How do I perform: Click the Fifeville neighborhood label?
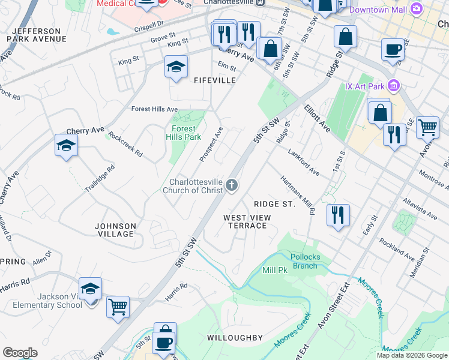tap(214, 80)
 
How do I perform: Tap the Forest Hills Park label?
tap(184, 133)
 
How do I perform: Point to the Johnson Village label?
tap(116, 230)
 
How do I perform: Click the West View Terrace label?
tap(245, 221)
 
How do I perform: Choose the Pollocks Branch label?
tap(304, 261)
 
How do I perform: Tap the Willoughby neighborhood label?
tap(235, 338)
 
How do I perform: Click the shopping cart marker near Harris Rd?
tap(118, 307)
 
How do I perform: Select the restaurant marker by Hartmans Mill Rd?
tap(338, 214)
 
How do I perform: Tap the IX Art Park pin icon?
tap(394, 85)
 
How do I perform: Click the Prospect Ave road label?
tap(211, 144)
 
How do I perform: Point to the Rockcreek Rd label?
tap(125, 145)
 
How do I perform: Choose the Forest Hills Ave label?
tap(155, 109)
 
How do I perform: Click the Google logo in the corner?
tap(20, 353)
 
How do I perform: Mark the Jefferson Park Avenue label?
tap(36, 35)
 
